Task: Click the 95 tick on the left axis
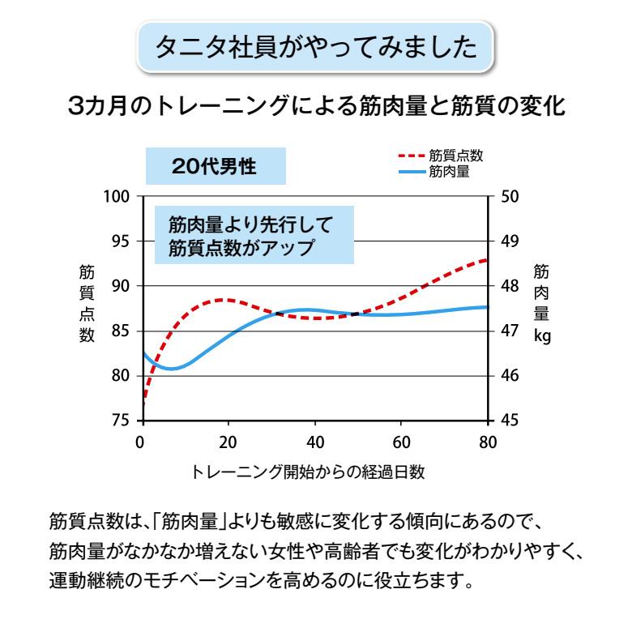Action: [x=122, y=241]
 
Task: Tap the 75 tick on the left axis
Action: [x=122, y=421]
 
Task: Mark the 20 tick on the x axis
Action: [x=229, y=442]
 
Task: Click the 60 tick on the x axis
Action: [x=401, y=442]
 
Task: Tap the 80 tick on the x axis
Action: [x=487, y=442]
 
